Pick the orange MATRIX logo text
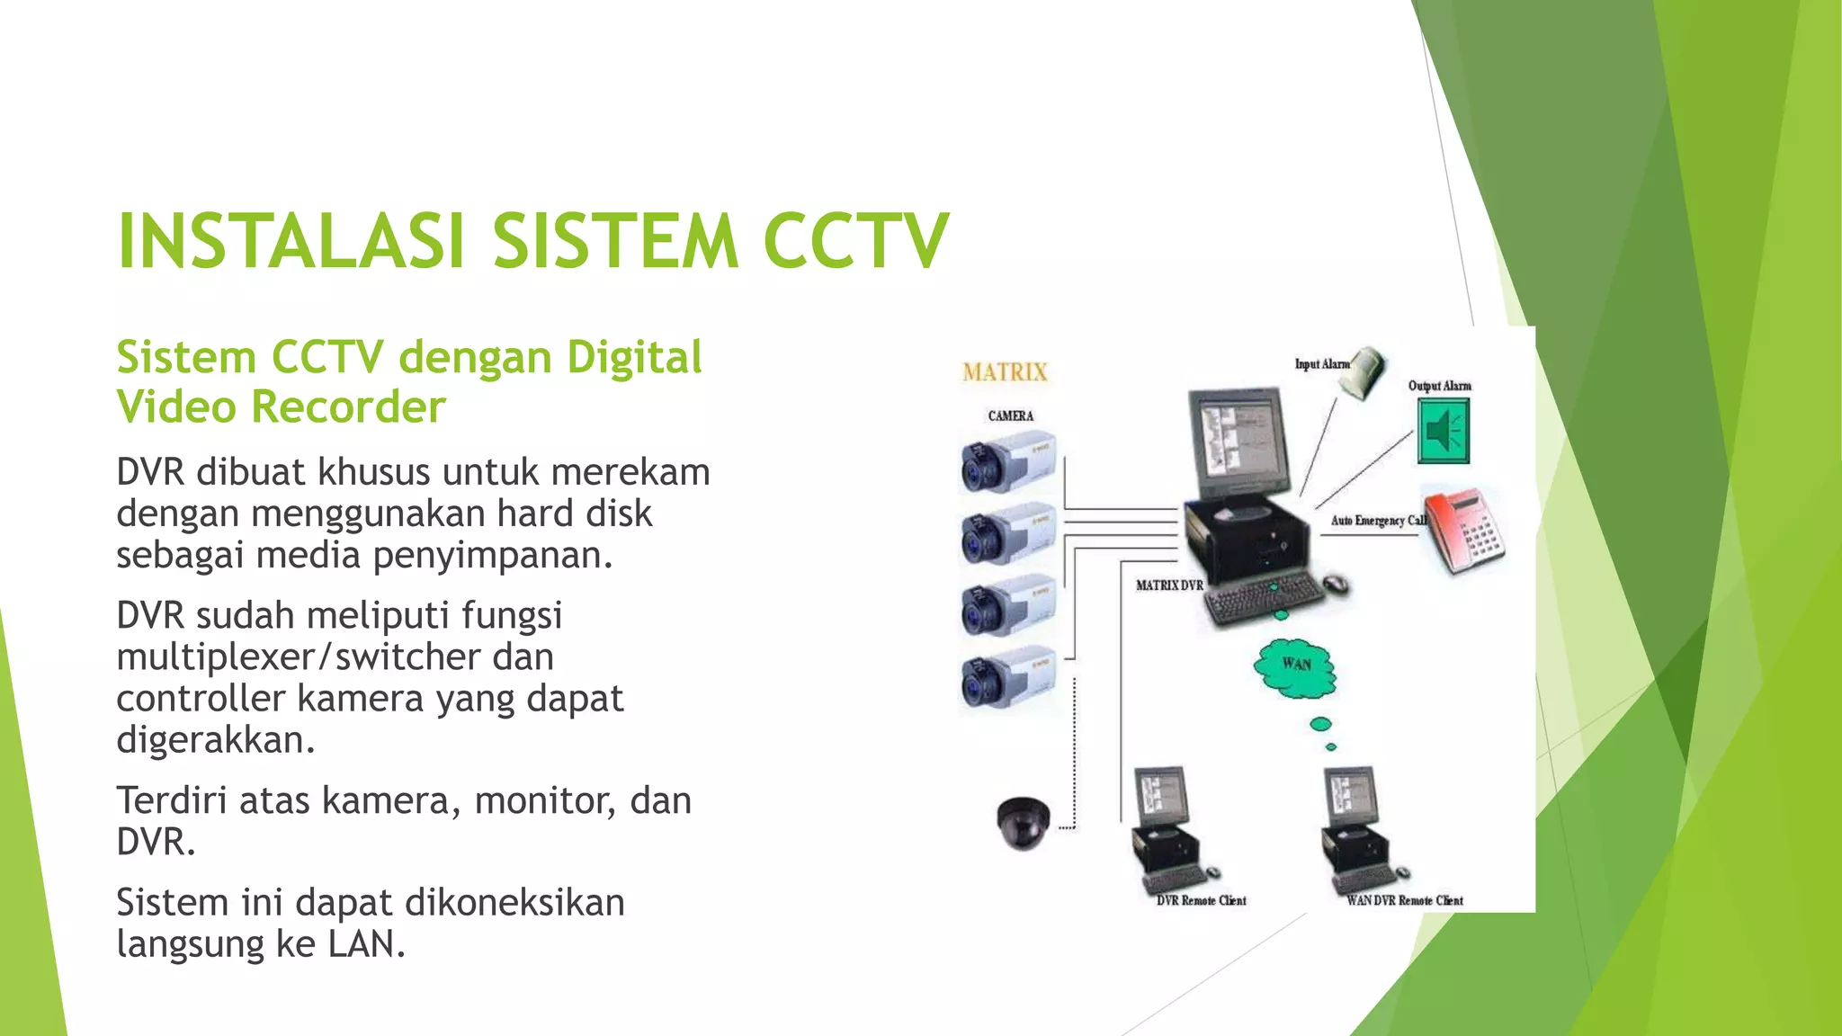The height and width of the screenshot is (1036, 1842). coord(1005,372)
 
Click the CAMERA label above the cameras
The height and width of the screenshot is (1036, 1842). coord(1010,415)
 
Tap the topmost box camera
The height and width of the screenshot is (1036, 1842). coord(1006,462)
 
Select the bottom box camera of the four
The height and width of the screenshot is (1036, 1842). coord(1006,676)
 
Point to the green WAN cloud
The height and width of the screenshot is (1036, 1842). coord(1295,667)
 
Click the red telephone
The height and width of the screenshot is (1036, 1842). coord(1463,530)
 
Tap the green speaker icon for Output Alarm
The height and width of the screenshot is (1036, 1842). coord(1443,432)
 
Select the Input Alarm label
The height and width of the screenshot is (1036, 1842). coord(1321,364)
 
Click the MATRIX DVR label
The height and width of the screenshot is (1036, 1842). coord(1168,585)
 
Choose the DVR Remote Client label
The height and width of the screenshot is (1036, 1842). coord(1201,900)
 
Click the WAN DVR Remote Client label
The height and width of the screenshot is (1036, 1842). coord(1404,900)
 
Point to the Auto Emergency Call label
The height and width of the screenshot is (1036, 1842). coord(1377,521)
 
